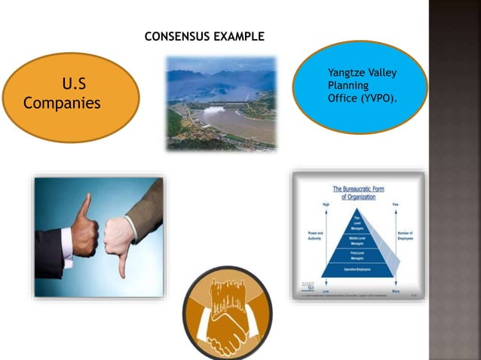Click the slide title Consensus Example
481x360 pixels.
point(204,36)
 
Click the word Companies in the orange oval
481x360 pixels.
point(62,102)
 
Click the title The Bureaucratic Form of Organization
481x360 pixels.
point(359,192)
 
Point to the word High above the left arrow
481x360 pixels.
point(306,204)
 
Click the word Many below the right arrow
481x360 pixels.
point(396,290)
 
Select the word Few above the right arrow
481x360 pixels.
point(395,204)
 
